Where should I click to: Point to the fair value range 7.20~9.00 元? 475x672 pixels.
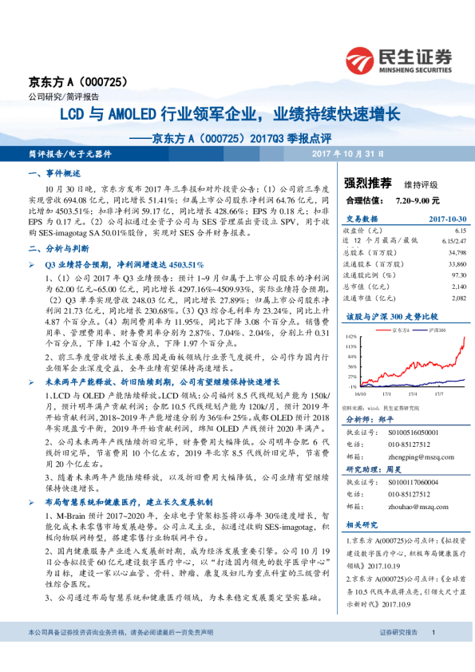pyautogui.click(x=418, y=199)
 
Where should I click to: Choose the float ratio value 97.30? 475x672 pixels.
pyautogui.click(x=457, y=274)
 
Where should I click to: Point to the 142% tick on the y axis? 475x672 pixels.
pyautogui.click(x=350, y=336)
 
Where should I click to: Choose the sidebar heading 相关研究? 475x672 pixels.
pyautogui.click(x=363, y=524)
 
